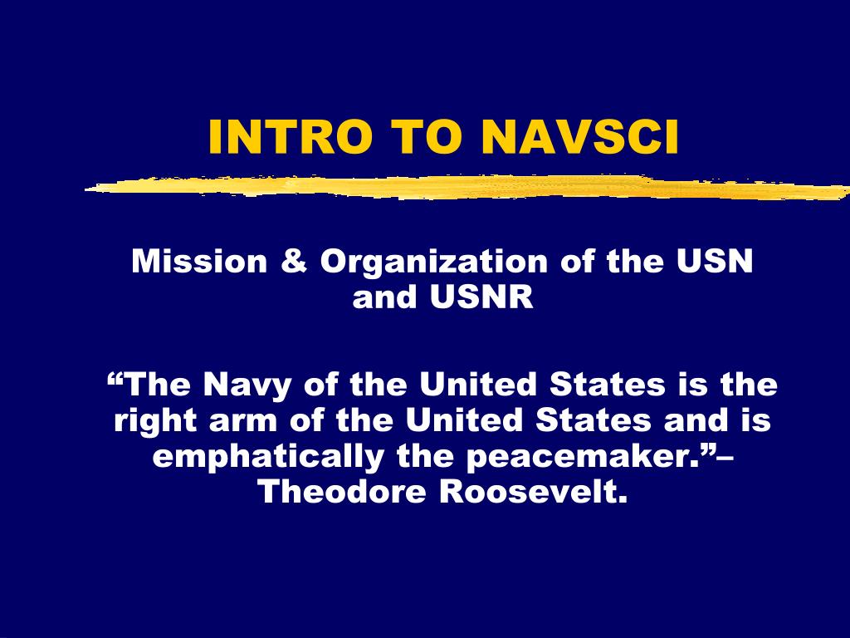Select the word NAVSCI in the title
coord(579,137)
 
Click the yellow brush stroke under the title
coord(467,187)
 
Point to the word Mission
coord(199,261)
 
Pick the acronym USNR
coord(482,297)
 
